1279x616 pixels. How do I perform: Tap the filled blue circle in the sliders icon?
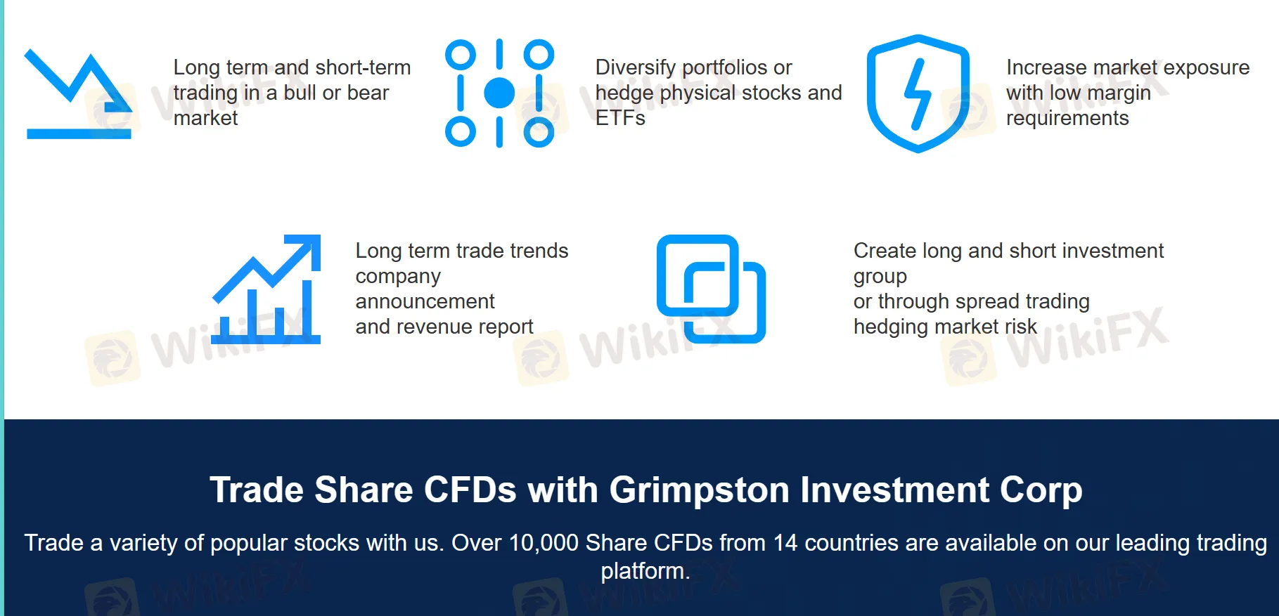tap(499, 93)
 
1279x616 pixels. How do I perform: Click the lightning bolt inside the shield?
tap(918, 94)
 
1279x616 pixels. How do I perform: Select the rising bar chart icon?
tap(267, 289)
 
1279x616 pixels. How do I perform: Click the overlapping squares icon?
tap(711, 289)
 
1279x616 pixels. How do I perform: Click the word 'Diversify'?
tap(636, 67)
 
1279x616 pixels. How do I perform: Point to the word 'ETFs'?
tap(620, 118)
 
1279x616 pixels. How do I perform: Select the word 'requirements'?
tap(1067, 118)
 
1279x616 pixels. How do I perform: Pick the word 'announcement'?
tap(425, 301)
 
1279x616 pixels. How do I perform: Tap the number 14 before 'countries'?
tap(785, 543)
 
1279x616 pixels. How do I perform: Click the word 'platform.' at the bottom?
tap(645, 571)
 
